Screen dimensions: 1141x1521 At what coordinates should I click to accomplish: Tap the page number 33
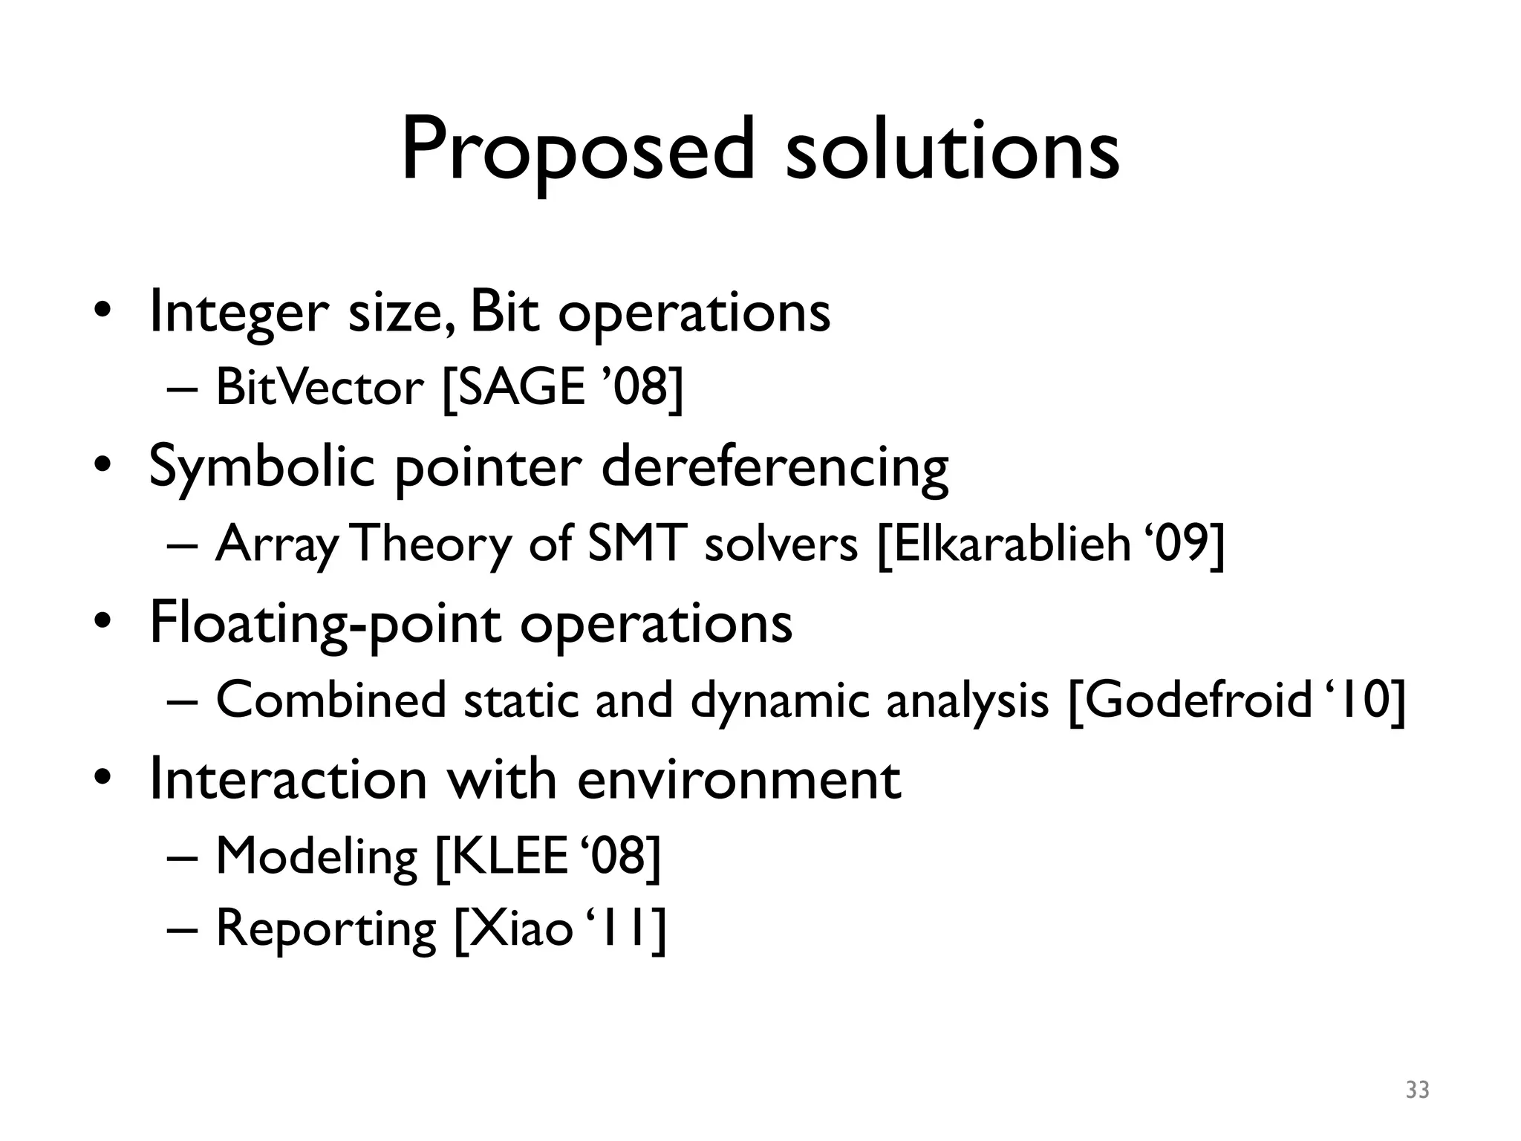pos(1417,1090)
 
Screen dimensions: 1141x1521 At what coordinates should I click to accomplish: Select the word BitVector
pos(319,388)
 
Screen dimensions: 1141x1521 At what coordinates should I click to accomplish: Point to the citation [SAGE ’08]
pos(562,388)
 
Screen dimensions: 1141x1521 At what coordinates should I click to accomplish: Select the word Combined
pos(331,700)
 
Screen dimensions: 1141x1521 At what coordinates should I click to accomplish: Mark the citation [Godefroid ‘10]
pos(1237,700)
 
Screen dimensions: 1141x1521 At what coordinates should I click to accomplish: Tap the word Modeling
pos(316,857)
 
